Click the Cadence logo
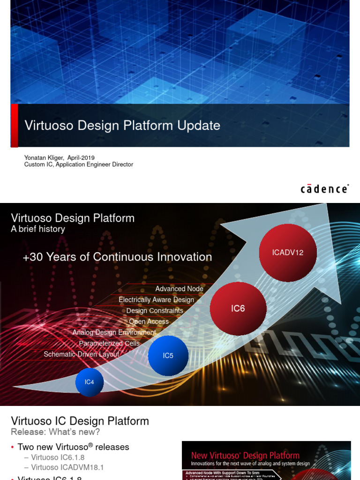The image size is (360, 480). click(x=324, y=189)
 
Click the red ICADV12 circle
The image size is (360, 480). click(x=288, y=253)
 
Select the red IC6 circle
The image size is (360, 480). click(x=238, y=309)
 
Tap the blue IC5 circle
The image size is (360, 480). click(x=168, y=356)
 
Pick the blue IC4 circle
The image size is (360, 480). click(x=89, y=382)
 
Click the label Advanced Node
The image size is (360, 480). click(x=179, y=289)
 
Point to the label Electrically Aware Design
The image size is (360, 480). click(x=156, y=300)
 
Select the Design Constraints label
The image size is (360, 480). click(x=155, y=311)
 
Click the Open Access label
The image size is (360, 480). click(x=149, y=322)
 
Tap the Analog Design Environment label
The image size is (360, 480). click(x=114, y=332)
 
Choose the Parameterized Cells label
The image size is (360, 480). click(x=109, y=344)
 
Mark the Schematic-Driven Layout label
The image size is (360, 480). click(x=82, y=354)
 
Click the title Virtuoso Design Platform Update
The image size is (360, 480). click(x=122, y=126)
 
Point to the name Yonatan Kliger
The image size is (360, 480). click(x=44, y=158)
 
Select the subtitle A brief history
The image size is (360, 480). click(x=38, y=229)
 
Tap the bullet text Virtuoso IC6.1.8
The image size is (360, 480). click(x=58, y=457)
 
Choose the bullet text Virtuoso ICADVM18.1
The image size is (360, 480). click(x=67, y=467)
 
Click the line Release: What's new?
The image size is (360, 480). click(x=55, y=432)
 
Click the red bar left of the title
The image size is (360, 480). click(x=14, y=125)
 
